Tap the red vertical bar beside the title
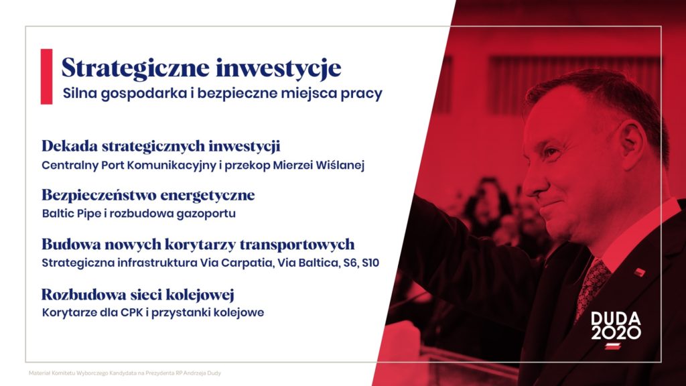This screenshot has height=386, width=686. coord(46,76)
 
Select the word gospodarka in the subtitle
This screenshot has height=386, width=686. coord(143,94)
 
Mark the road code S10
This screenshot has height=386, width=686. coord(370,263)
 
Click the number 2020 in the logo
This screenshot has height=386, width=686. coord(616,332)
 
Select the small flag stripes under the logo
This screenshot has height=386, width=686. coord(613,346)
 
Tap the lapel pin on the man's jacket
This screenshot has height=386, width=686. coord(640,272)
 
